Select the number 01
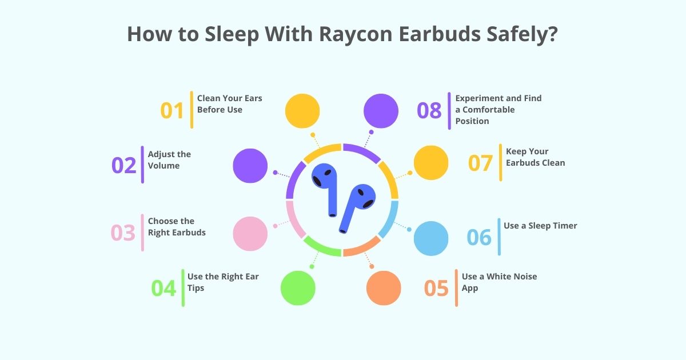click(172, 110)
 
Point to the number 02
click(124, 165)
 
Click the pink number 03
click(123, 233)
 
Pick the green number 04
click(163, 288)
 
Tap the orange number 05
click(436, 288)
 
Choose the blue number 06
click(479, 237)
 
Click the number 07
click(480, 163)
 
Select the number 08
click(429, 110)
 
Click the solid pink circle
click(250, 233)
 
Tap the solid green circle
click(298, 287)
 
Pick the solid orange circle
click(384, 287)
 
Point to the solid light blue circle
click(431, 238)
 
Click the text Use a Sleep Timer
click(540, 226)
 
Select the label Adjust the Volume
click(169, 160)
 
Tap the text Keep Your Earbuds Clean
click(535, 157)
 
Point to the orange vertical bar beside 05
click(456, 287)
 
